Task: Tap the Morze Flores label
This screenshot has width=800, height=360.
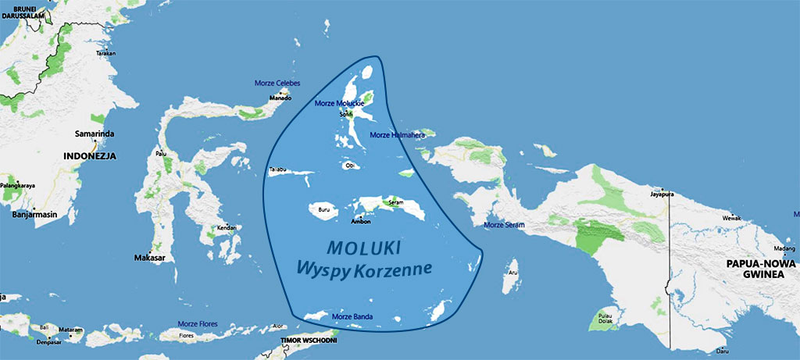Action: [199, 324]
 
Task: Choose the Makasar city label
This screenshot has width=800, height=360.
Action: [148, 258]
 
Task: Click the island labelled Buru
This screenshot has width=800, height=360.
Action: [322, 211]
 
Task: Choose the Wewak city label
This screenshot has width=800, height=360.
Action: [733, 216]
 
